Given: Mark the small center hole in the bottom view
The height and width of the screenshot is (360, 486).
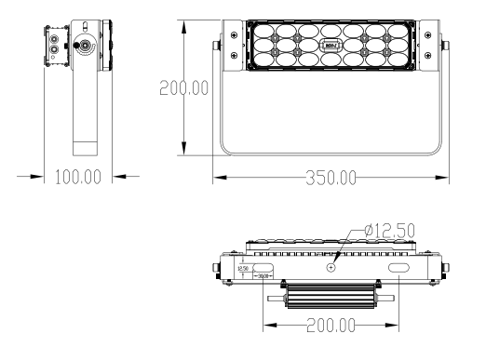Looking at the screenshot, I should point(331,266).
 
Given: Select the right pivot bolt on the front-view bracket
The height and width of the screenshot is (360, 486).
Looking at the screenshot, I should point(443,44).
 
